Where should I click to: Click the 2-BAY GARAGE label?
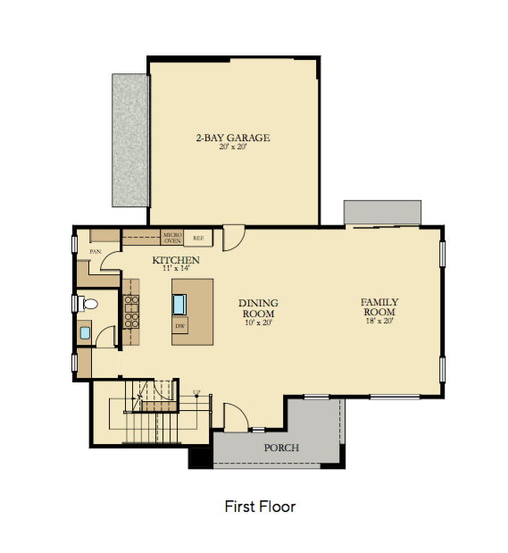tap(232, 138)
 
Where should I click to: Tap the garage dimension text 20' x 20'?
tap(232, 147)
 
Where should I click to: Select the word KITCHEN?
tap(175, 260)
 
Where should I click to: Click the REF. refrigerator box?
tap(198, 238)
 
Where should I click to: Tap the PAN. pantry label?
tap(95, 252)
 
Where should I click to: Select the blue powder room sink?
tap(86, 333)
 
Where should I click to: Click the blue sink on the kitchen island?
tap(180, 303)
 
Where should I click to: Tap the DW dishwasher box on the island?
tap(180, 326)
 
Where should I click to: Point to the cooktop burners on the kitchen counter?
tap(131, 307)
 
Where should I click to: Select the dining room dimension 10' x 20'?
tap(257, 323)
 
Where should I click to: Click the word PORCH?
tap(282, 448)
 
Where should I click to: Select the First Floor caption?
tap(260, 507)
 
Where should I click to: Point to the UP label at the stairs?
tap(196, 392)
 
